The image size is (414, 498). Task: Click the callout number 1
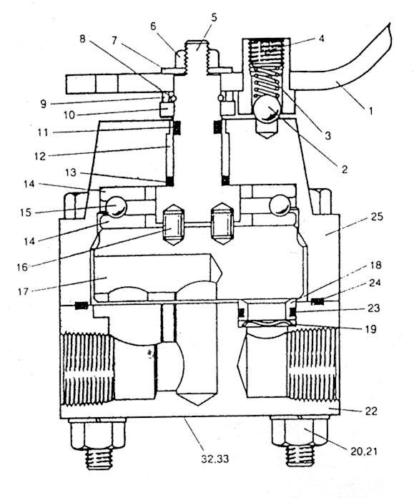[370, 111]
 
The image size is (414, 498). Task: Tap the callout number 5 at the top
[214, 17]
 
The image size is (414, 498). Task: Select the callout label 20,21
[364, 451]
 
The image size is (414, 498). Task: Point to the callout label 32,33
[215, 459]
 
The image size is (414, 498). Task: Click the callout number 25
[377, 217]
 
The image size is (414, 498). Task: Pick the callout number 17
[23, 291]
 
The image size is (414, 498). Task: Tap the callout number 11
[42, 132]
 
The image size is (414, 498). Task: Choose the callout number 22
[371, 411]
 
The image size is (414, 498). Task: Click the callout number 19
[370, 328]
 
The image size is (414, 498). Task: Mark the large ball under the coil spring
[267, 109]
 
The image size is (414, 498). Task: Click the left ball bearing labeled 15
[116, 207]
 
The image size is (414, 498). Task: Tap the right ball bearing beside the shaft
[280, 206]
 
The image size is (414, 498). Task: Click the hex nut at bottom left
[98, 433]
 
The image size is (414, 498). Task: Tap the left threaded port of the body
[87, 368]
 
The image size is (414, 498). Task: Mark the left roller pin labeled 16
[172, 225]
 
